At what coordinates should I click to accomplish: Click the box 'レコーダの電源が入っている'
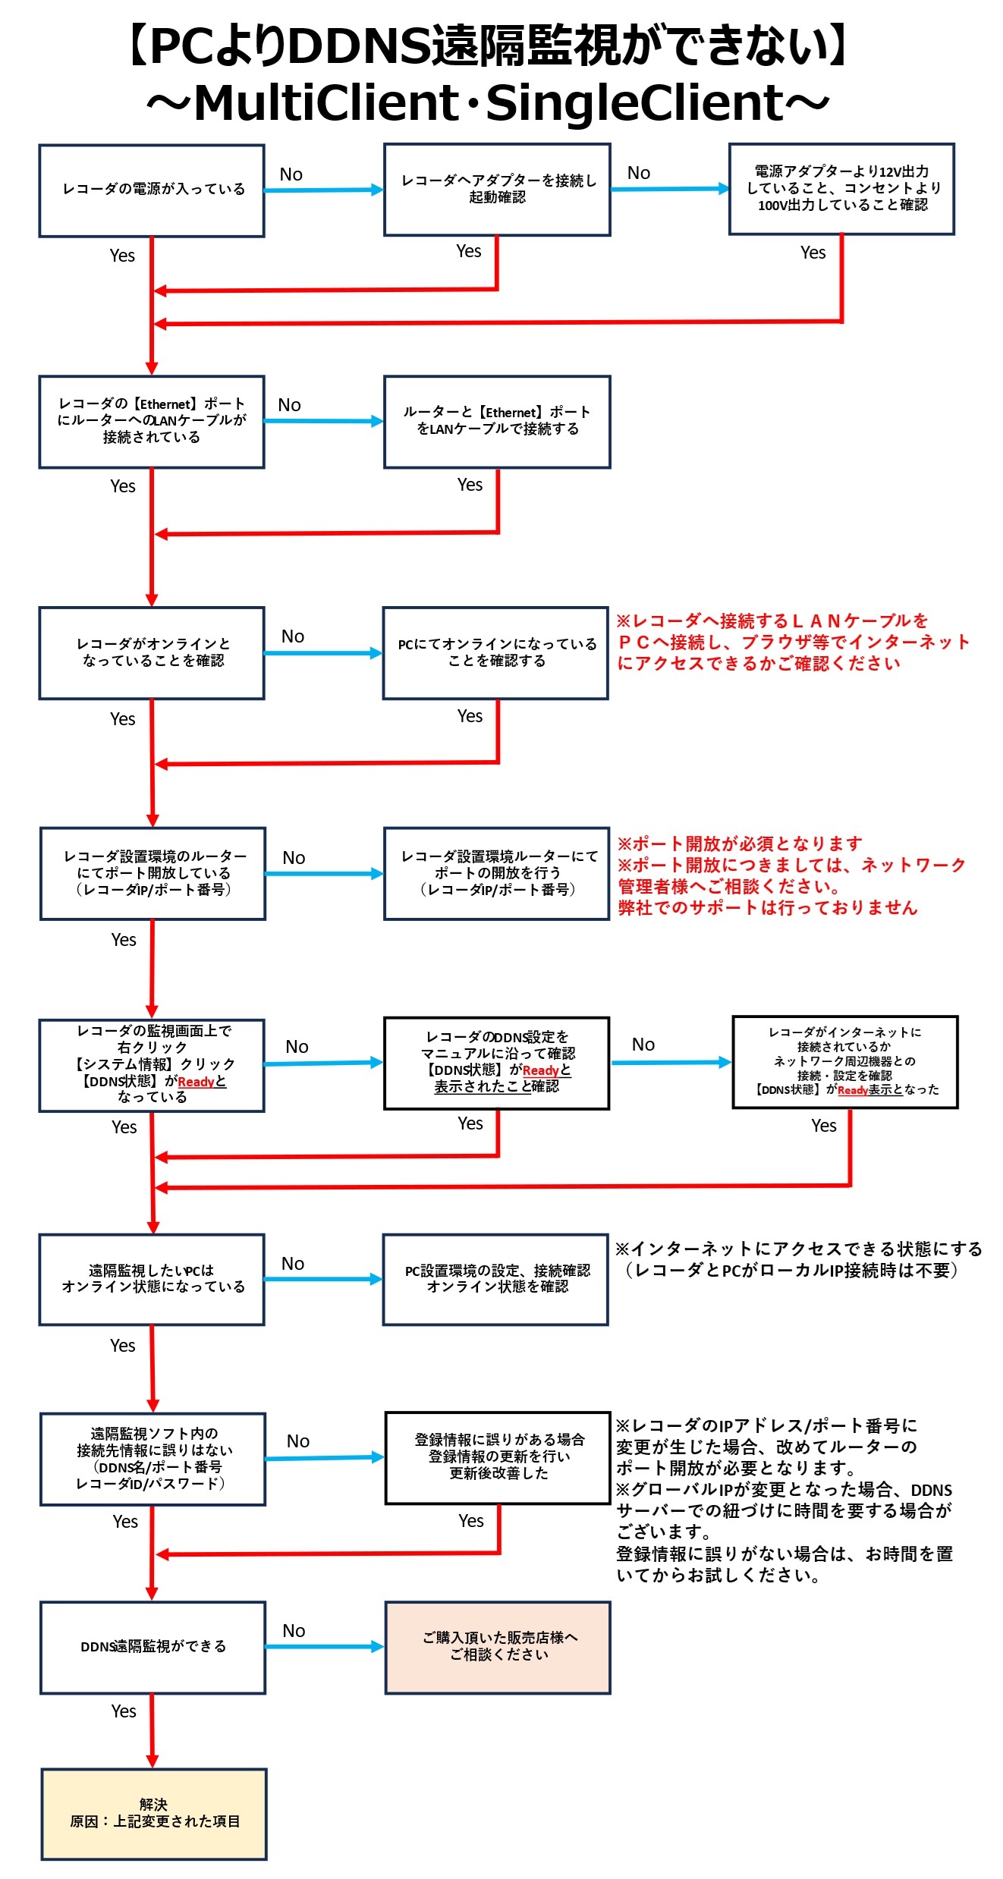tap(152, 190)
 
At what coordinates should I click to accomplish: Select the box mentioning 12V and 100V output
tap(841, 189)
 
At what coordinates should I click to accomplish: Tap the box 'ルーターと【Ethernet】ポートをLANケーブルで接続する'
tap(497, 422)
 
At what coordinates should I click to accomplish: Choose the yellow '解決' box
tap(154, 1814)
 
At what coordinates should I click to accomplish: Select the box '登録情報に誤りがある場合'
tap(498, 1457)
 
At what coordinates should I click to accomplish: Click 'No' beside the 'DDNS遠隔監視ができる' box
tap(294, 1631)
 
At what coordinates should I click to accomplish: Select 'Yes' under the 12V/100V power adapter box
tap(813, 253)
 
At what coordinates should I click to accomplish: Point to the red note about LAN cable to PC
tap(792, 642)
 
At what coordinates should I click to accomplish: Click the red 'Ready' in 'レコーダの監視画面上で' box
tap(196, 1082)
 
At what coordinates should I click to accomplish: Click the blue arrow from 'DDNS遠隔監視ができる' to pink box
tap(324, 1647)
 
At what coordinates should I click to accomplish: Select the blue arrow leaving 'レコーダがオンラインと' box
tap(322, 653)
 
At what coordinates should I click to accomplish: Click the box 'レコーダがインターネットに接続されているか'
tap(845, 1061)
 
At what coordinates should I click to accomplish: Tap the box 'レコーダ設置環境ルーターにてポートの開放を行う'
tap(497, 873)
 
